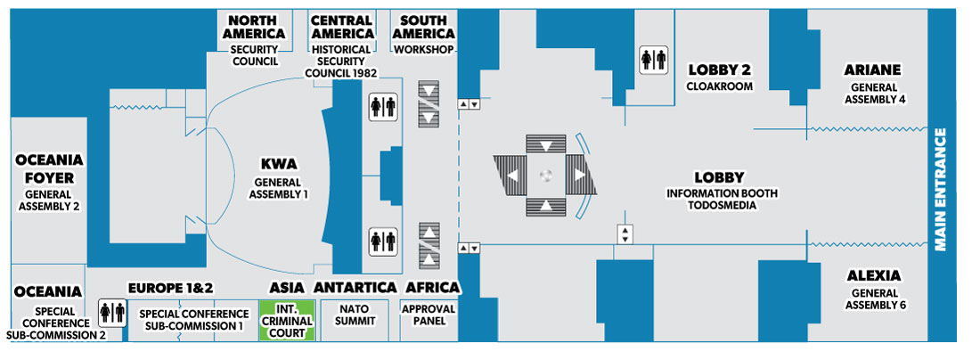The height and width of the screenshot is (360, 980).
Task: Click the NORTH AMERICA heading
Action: (255, 27)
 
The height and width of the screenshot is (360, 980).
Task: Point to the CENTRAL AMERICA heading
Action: (341, 27)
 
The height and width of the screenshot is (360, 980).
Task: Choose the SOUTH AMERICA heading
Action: (423, 27)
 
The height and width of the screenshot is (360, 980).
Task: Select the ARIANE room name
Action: (874, 70)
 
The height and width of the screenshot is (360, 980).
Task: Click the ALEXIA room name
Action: (874, 275)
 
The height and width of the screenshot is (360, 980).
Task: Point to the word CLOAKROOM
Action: (719, 86)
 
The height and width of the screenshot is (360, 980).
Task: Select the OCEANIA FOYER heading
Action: (49, 168)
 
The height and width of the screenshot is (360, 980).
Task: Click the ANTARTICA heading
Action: (355, 287)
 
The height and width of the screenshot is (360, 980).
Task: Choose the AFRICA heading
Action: (432, 287)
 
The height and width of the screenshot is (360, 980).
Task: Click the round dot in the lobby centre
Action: (546, 176)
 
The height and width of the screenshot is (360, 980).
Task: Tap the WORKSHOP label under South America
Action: (424, 49)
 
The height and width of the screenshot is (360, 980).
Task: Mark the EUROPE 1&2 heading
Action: (171, 287)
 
